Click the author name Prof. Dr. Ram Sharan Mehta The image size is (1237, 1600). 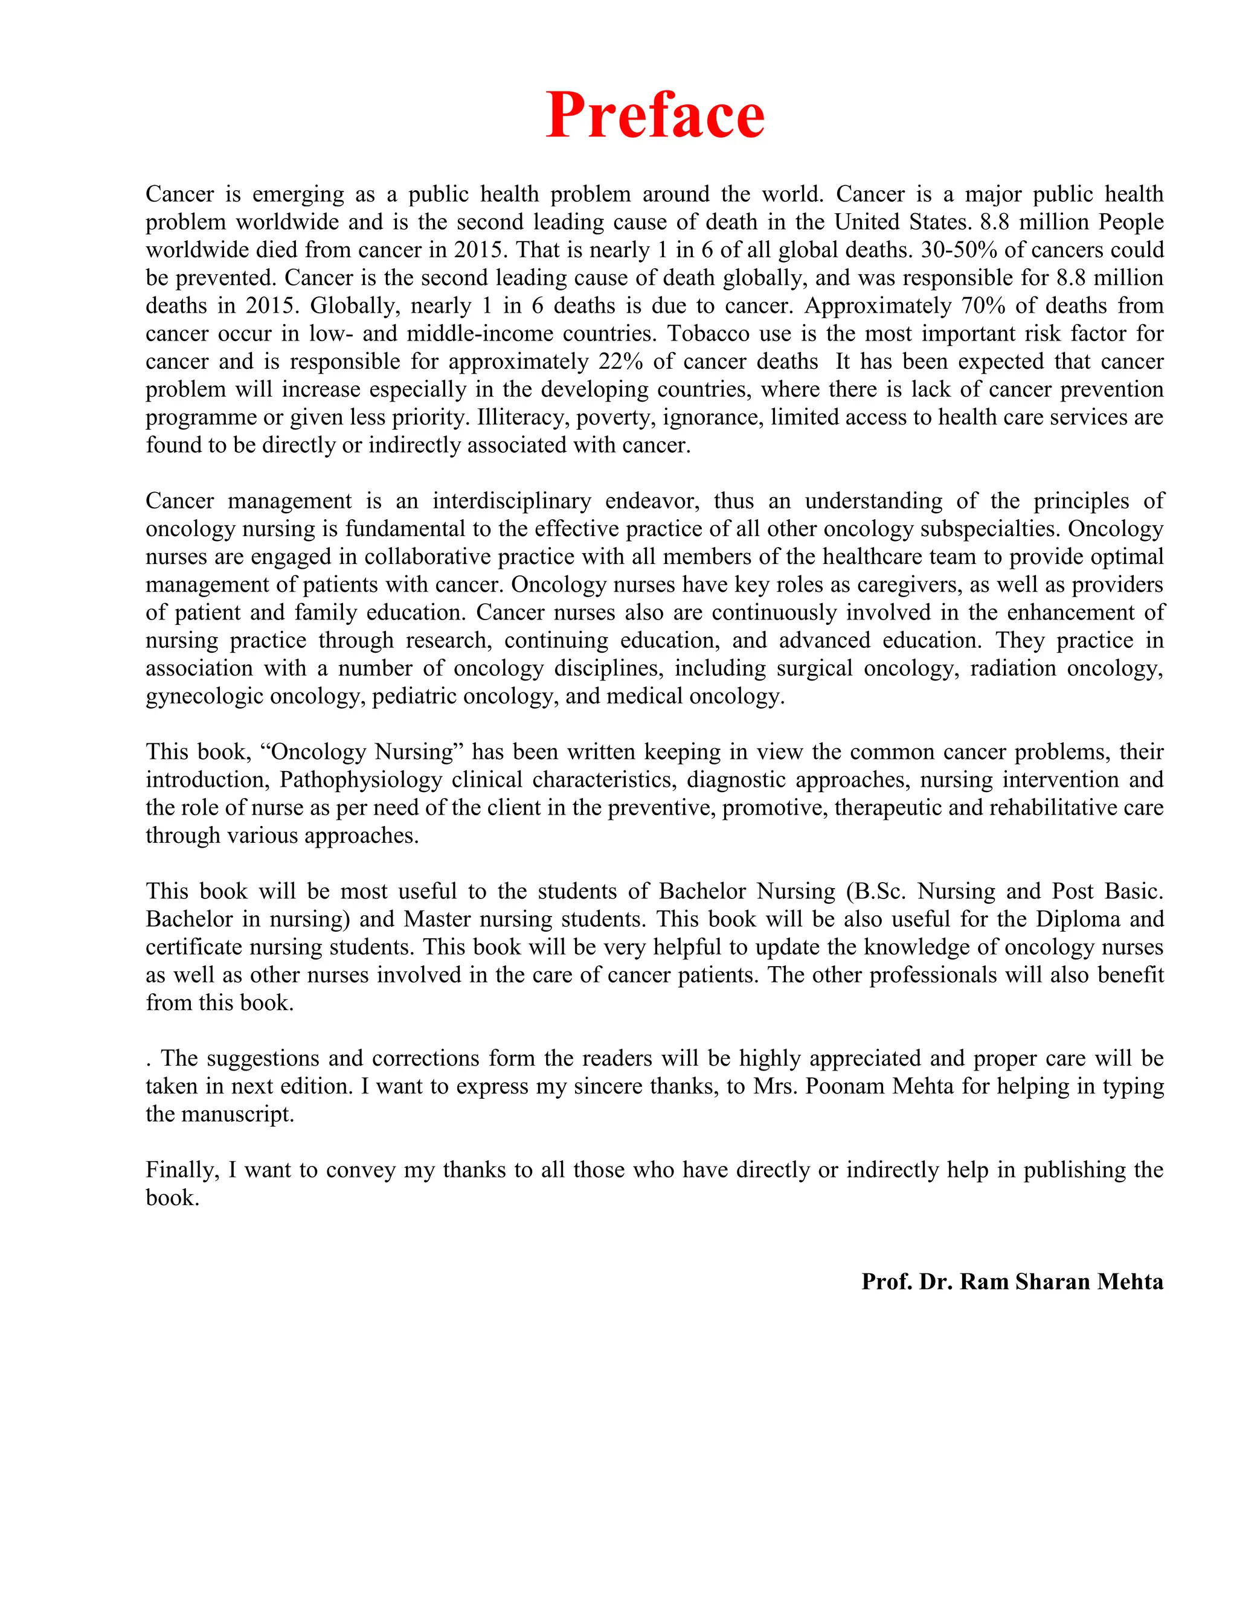point(1012,1281)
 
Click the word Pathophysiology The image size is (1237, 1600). point(361,780)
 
